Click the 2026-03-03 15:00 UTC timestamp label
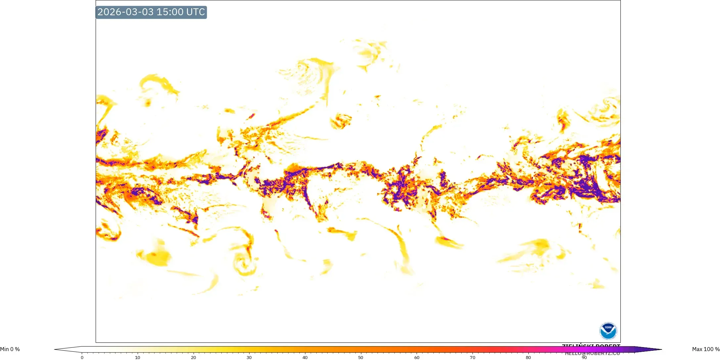151,12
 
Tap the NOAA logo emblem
608,331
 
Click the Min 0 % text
10,349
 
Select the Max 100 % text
706,349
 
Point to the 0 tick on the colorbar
82,357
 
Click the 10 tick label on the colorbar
138,357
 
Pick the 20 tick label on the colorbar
194,357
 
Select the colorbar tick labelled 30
249,357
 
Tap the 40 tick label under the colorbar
305,357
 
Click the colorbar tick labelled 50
361,357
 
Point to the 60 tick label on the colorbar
417,357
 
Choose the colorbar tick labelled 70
472,357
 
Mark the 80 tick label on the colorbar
528,357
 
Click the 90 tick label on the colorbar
584,357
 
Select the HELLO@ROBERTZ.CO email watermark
592,354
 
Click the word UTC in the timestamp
196,12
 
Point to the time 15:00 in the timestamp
170,12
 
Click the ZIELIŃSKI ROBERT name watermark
591,346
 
